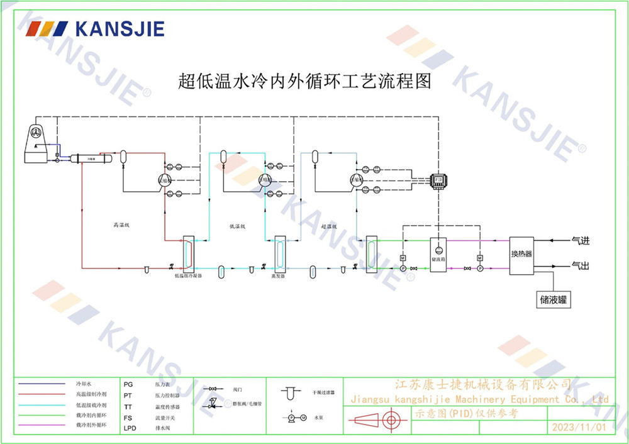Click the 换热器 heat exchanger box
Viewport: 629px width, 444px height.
(x=521, y=253)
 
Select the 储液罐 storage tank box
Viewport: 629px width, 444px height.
(x=554, y=299)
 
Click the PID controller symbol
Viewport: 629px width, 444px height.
(x=438, y=180)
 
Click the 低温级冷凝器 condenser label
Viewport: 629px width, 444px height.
(x=188, y=275)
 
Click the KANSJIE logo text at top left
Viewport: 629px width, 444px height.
(x=120, y=29)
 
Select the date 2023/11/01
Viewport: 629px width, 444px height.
(x=579, y=427)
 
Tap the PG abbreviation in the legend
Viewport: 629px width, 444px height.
(x=128, y=382)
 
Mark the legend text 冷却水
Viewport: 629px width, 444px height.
(x=84, y=382)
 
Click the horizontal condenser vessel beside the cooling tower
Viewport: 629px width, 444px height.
(x=91, y=159)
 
